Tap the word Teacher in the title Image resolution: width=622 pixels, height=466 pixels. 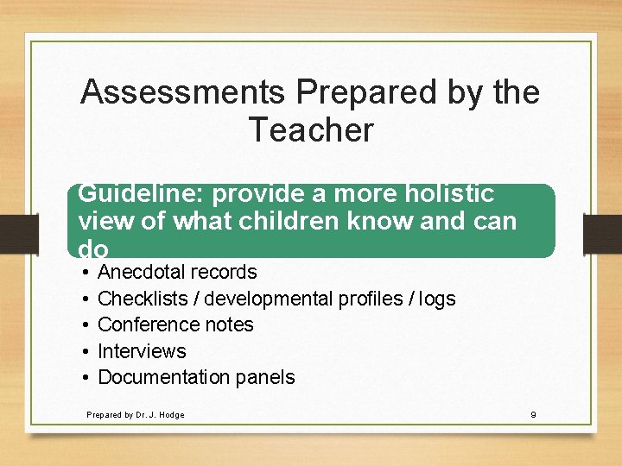(x=311, y=130)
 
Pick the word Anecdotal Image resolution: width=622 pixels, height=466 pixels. (x=142, y=273)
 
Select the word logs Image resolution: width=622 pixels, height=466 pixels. (x=438, y=299)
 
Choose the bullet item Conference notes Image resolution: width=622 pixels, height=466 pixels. (x=175, y=324)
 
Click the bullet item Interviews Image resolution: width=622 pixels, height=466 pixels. (x=142, y=351)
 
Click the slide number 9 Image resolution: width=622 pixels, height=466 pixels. (x=533, y=415)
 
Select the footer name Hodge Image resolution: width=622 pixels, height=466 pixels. (x=171, y=415)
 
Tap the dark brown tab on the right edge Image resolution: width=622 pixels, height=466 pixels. (x=602, y=233)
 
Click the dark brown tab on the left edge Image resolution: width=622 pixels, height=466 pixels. (x=17, y=233)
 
